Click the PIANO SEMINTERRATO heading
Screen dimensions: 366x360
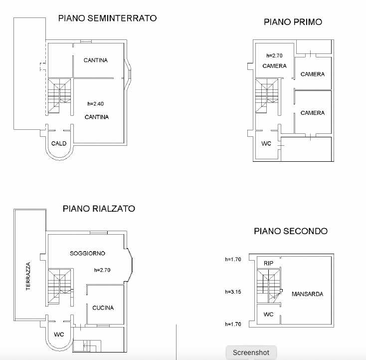coord(107,18)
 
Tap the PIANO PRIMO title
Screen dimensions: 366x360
coord(293,22)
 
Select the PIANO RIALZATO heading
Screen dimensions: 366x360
coord(99,209)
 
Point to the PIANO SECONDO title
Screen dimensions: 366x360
coord(291,231)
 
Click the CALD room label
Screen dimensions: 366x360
coord(59,143)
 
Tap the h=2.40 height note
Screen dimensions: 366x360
coord(95,103)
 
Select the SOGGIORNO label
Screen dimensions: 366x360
coord(87,253)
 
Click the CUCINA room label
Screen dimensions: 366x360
coord(103,308)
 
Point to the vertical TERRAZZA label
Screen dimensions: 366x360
coord(28,276)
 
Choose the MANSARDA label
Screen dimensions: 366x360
coord(308,294)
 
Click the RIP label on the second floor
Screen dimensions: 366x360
coord(268,263)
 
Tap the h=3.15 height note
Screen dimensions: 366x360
coord(233,292)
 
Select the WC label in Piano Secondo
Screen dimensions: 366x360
coord(268,315)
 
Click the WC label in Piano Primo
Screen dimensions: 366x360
coord(266,143)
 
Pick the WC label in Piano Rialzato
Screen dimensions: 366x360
coord(59,335)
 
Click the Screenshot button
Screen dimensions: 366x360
coord(251,353)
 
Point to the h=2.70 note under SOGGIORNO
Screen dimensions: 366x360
coord(102,270)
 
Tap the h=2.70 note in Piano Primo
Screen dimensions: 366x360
coord(274,55)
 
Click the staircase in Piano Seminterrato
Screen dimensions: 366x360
coord(59,96)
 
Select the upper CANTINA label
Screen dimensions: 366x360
coord(96,60)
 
